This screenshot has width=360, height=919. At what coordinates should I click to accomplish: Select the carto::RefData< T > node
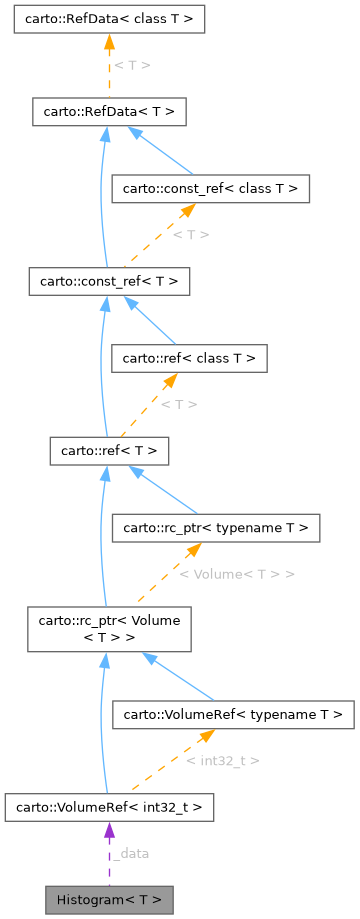coord(109,111)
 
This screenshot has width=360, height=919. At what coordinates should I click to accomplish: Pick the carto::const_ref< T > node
coord(109,281)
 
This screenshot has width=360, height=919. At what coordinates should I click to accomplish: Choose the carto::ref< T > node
coord(109,451)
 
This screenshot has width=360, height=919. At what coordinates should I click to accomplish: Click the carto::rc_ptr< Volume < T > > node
coord(109,628)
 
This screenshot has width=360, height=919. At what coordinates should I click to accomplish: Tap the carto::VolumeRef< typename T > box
coord(233,714)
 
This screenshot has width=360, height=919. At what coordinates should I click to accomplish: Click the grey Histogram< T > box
coord(109,896)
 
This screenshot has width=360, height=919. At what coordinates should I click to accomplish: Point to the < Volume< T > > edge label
coord(236,574)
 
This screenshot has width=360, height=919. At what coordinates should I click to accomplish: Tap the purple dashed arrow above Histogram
coord(109,850)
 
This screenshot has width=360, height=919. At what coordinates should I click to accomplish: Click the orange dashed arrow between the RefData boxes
coord(109,64)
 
